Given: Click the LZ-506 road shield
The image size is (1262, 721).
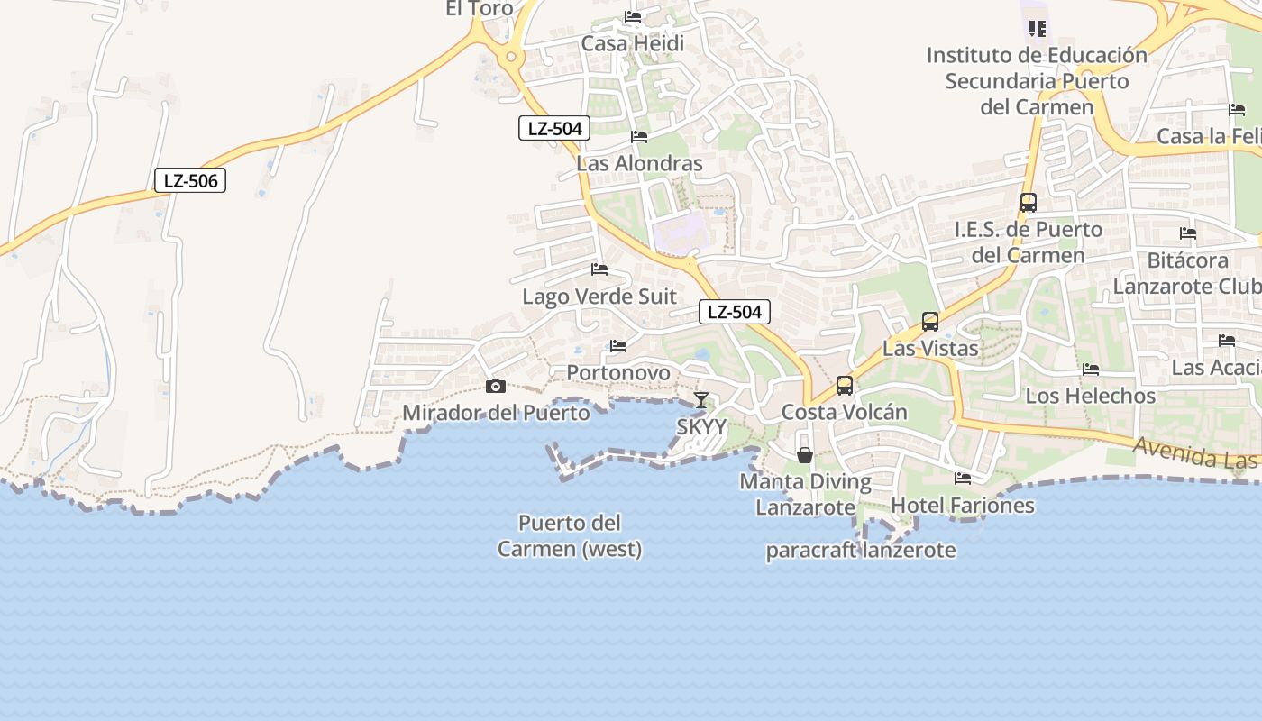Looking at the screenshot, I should pyautogui.click(x=189, y=180).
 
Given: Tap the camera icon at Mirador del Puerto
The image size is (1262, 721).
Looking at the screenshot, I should pyautogui.click(x=495, y=387).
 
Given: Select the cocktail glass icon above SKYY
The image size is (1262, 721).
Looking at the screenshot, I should pyautogui.click(x=701, y=400).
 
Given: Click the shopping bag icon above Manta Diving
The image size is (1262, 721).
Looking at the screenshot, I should pyautogui.click(x=805, y=455).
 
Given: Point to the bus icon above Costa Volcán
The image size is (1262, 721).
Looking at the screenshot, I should pyautogui.click(x=845, y=386).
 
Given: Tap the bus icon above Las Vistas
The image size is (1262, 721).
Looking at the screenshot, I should pyautogui.click(x=929, y=322).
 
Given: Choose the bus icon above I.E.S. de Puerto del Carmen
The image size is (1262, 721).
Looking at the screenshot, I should pyautogui.click(x=1029, y=203).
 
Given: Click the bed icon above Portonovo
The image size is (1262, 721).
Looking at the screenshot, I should pyautogui.click(x=618, y=346).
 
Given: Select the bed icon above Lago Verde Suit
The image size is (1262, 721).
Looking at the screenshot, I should pyautogui.click(x=599, y=269).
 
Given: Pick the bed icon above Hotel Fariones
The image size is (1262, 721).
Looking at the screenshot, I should pyautogui.click(x=963, y=479).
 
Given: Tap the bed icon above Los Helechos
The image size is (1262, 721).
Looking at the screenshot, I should pyautogui.click(x=1091, y=370).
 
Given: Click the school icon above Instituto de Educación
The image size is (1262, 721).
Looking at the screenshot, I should pyautogui.click(x=1038, y=29).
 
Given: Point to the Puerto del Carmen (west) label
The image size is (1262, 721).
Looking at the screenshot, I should pyautogui.click(x=570, y=535).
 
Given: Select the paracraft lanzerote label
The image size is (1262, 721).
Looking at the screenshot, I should pyautogui.click(x=861, y=550).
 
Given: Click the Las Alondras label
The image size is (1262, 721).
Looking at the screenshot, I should pyautogui.click(x=639, y=163).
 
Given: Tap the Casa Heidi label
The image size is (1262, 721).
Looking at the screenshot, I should pyautogui.click(x=632, y=43).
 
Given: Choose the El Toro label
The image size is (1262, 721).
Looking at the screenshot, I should pyautogui.click(x=480, y=9).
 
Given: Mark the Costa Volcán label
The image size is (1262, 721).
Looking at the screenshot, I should pyautogui.click(x=845, y=412).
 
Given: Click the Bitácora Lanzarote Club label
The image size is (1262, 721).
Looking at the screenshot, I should pyautogui.click(x=1187, y=273).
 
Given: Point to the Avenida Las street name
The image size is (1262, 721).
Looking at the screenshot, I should pyautogui.click(x=1194, y=452).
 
